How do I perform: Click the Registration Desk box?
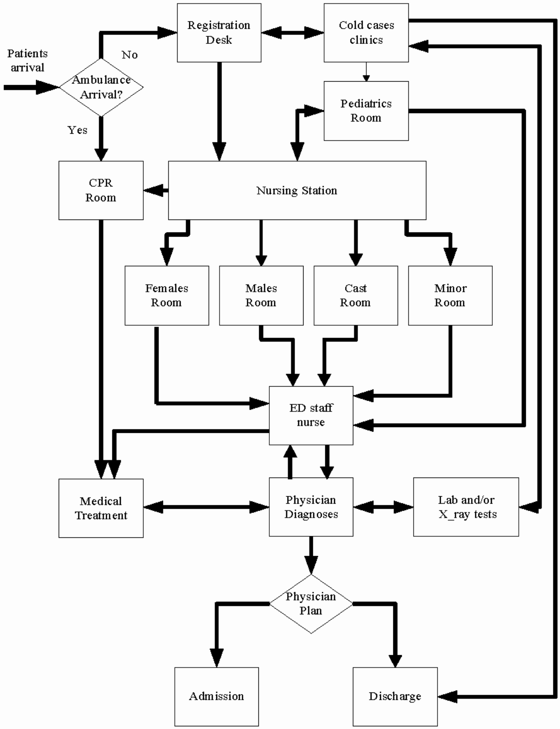(219, 33)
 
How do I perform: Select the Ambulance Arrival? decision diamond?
(101, 87)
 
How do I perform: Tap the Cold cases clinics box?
(366, 33)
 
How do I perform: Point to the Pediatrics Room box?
(366, 111)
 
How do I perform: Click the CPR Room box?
(101, 190)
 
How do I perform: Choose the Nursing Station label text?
(297, 190)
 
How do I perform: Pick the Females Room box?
(167, 295)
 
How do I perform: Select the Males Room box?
(261, 295)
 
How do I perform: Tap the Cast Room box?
(356, 295)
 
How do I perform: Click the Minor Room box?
(450, 295)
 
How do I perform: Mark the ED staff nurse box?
(311, 415)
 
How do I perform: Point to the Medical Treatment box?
(101, 508)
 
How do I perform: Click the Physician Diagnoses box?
(311, 507)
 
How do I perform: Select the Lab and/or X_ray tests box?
(466, 507)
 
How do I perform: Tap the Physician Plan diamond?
(311, 603)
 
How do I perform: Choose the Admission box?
(216, 696)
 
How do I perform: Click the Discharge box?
(395, 696)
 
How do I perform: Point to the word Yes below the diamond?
(77, 130)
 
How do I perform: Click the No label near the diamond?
(129, 55)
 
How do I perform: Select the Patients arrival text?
(27, 60)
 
